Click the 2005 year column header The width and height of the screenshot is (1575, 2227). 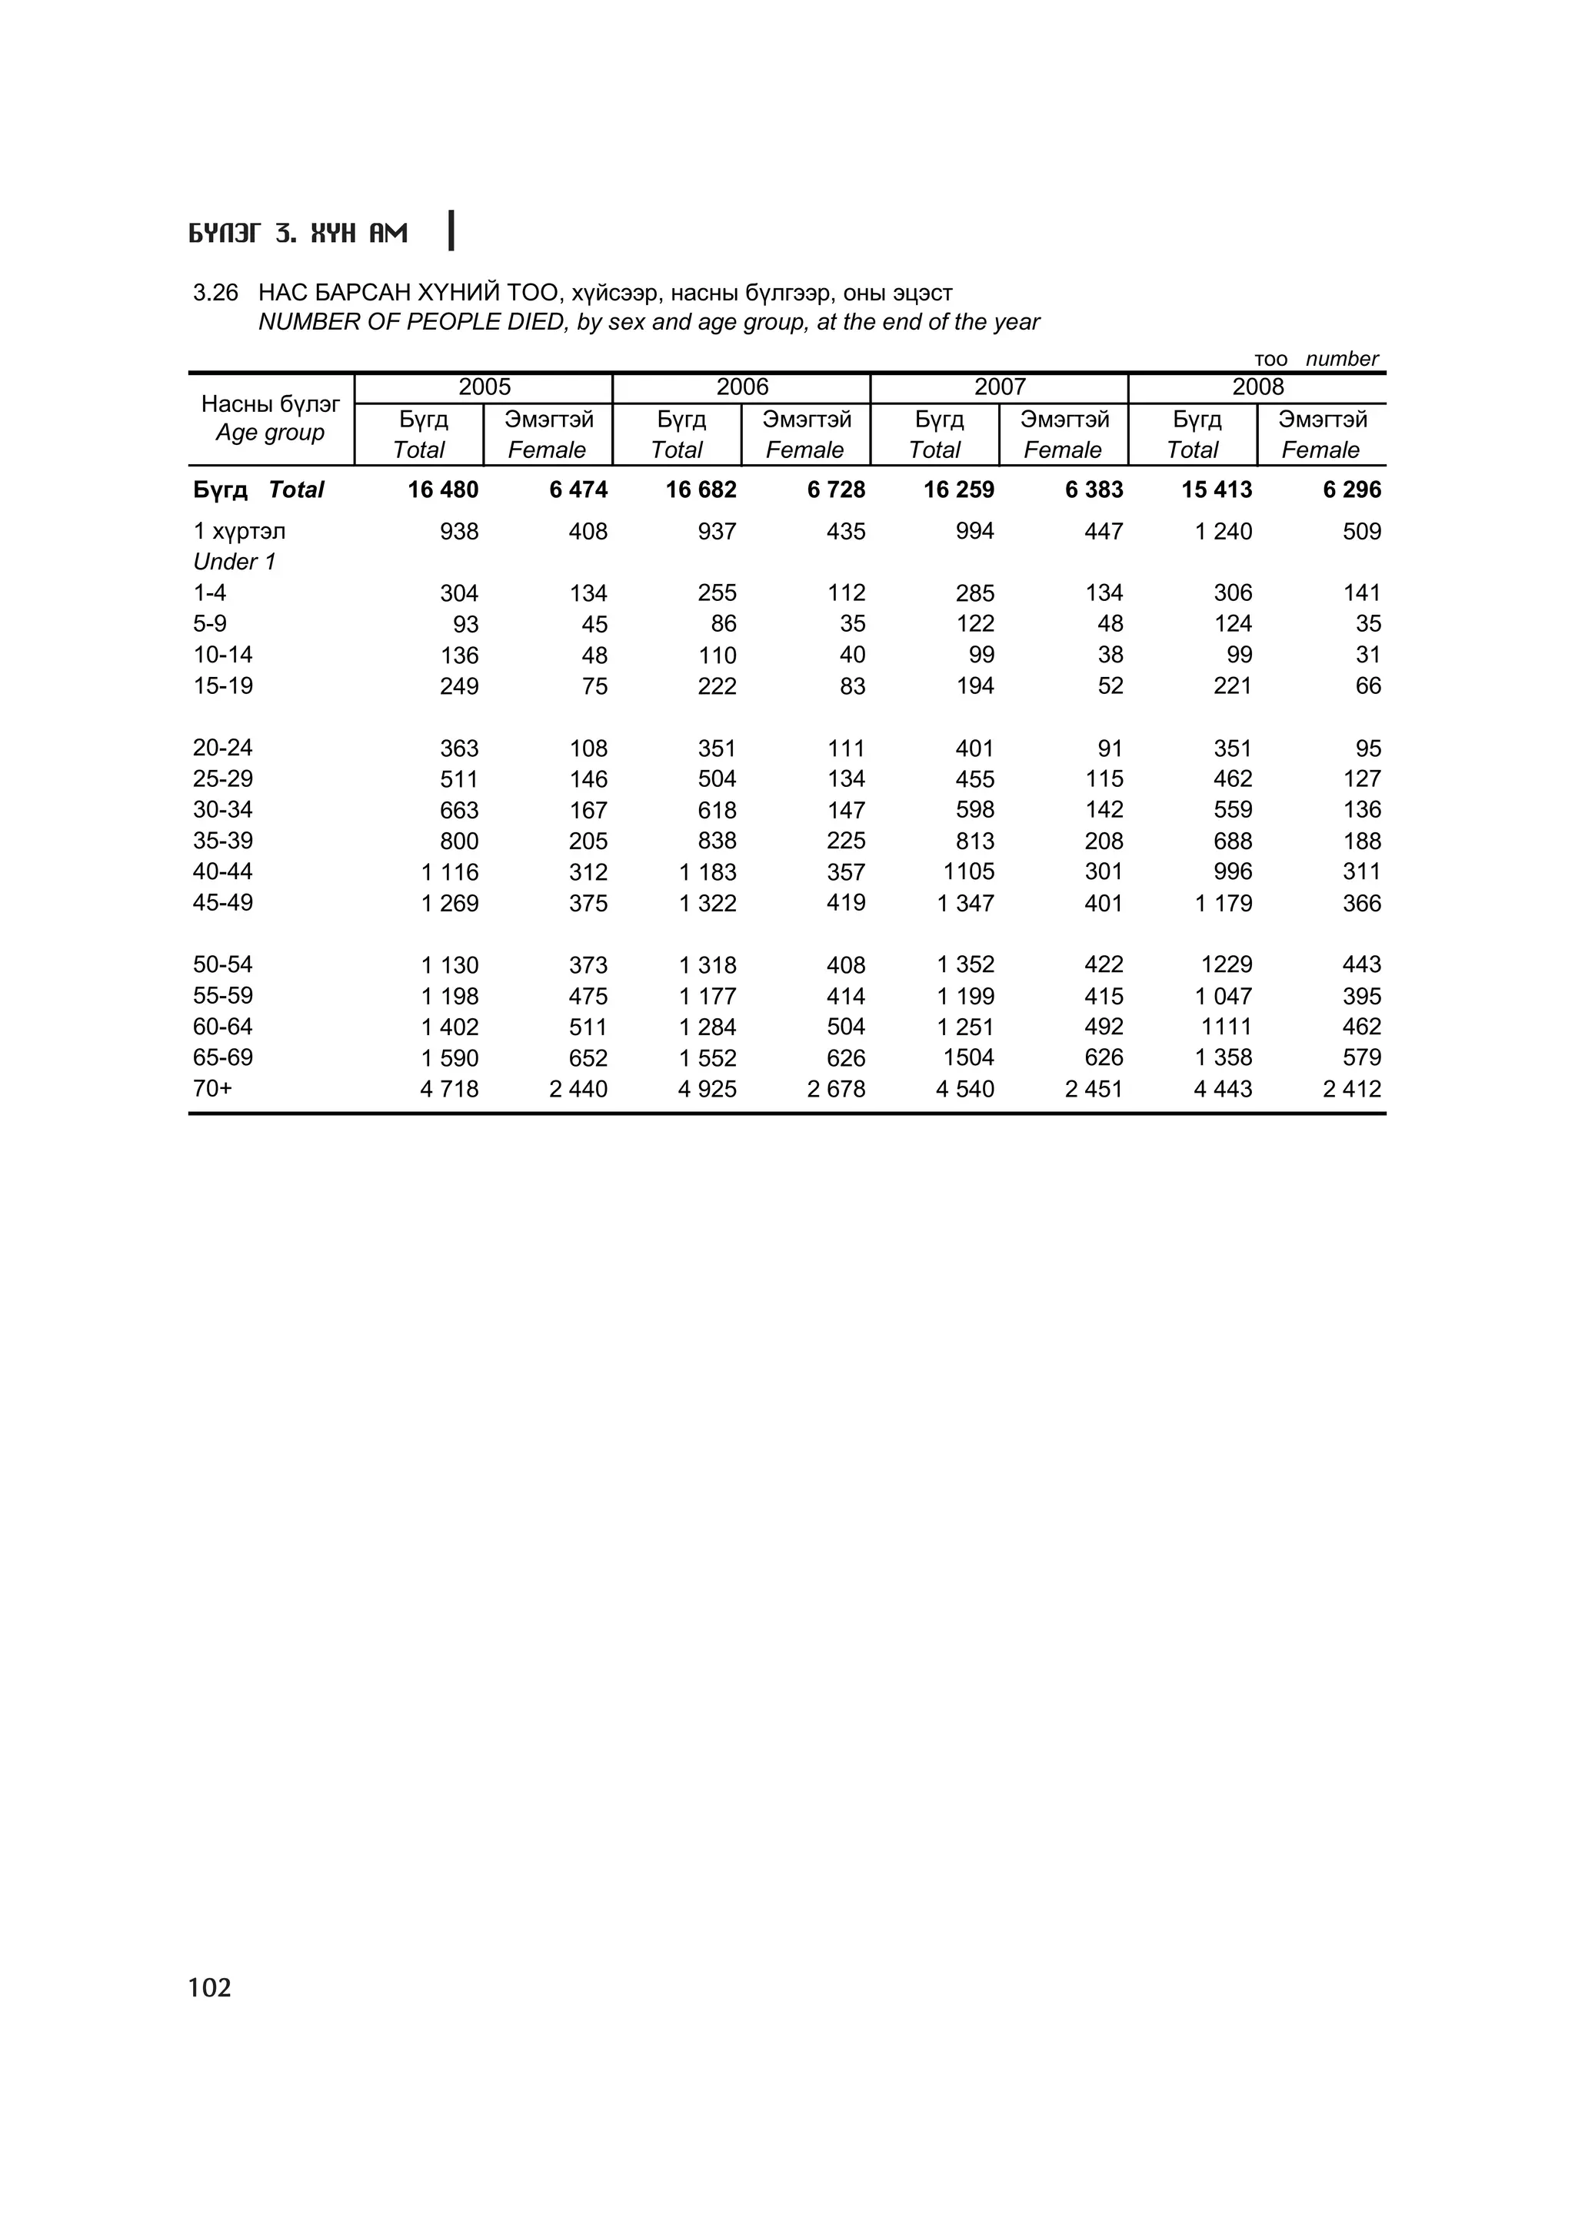(484, 387)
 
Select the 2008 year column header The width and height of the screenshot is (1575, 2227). (1257, 387)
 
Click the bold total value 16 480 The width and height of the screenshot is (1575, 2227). (442, 490)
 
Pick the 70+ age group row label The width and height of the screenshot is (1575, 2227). (212, 1088)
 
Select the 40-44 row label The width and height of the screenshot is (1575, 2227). (222, 871)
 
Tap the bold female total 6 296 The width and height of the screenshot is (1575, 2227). (1352, 490)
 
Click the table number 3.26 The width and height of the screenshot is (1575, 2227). (215, 293)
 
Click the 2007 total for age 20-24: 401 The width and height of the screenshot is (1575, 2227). (974, 748)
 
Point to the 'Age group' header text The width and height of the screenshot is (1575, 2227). (270, 433)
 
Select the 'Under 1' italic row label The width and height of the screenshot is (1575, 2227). (235, 562)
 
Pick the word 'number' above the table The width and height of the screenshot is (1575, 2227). (1341, 359)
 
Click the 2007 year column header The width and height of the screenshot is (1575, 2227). (1000, 387)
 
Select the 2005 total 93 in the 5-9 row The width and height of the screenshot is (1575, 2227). (466, 625)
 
